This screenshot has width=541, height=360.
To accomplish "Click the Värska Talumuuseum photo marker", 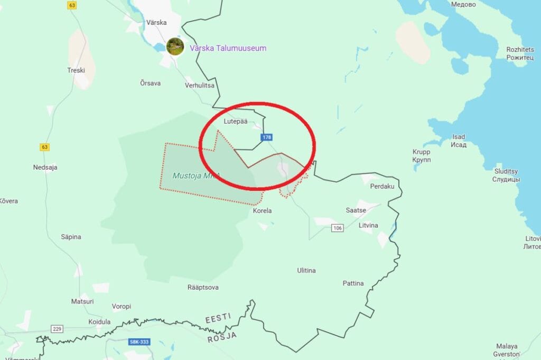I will pos(175,46).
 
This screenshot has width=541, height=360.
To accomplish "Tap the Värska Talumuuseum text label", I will pos(228,48).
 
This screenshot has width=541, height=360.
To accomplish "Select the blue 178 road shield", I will pos(267,137).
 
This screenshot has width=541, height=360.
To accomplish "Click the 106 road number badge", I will pos(338,228).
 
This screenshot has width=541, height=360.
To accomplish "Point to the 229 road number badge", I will pos(57,329).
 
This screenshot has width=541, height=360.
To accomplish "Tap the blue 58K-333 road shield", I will pos(139,342).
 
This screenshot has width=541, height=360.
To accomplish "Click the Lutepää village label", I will pos(236,122).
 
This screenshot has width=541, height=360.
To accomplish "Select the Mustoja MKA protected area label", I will pos(195,175).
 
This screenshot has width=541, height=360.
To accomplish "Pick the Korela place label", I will pos(263,211).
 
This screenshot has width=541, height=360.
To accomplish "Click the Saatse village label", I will pos(356,210).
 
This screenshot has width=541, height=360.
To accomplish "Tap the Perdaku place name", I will pos(383,187).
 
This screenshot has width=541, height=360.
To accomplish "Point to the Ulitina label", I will pos(306,271).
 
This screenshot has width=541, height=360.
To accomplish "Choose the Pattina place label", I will pos(353,283).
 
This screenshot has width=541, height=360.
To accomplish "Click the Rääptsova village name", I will pos(203,288).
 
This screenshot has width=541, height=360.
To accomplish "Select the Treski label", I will pos(76,70).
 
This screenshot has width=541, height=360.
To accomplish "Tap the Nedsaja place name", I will pos(45,168).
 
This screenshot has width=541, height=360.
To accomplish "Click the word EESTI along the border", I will pos(218,318).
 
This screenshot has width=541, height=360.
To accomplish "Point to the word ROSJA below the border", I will pos(221,336).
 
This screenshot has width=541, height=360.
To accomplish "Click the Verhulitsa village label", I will pos(200,85).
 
